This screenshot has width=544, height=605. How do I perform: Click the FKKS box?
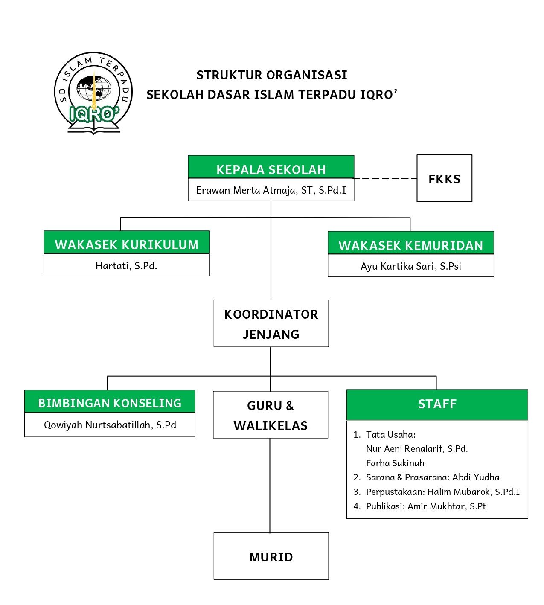pyautogui.click(x=444, y=178)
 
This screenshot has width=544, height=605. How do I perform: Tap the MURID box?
pyautogui.click(x=271, y=556)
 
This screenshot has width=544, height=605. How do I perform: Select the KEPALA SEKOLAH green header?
pyautogui.click(x=271, y=167)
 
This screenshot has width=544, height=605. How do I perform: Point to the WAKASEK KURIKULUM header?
pyautogui.click(x=126, y=242)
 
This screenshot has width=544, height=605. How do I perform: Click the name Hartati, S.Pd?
pyautogui.click(x=126, y=265)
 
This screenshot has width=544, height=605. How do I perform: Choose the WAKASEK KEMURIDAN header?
pyautogui.click(x=410, y=243)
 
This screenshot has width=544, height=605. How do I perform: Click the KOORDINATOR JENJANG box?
pyautogui.click(x=271, y=323)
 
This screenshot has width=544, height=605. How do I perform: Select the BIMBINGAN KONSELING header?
pyautogui.click(x=110, y=401)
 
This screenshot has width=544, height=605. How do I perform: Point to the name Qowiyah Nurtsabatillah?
pyautogui.click(x=99, y=425)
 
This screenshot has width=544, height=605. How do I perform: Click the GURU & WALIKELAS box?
pyautogui.click(x=271, y=415)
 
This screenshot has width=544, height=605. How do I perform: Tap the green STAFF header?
pyautogui.click(x=437, y=404)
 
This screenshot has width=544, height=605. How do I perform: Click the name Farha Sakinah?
pyautogui.click(x=395, y=463)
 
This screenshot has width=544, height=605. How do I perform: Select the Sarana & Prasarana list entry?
pyautogui.click(x=426, y=477)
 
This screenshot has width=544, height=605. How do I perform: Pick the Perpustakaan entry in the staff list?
pyautogui.click(x=436, y=492)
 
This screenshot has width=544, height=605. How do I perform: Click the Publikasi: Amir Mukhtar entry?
pyautogui.click(x=419, y=506)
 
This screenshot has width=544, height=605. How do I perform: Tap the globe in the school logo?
pyautogui.click(x=93, y=88)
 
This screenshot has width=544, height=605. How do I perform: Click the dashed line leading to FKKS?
pyautogui.click(x=385, y=178)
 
